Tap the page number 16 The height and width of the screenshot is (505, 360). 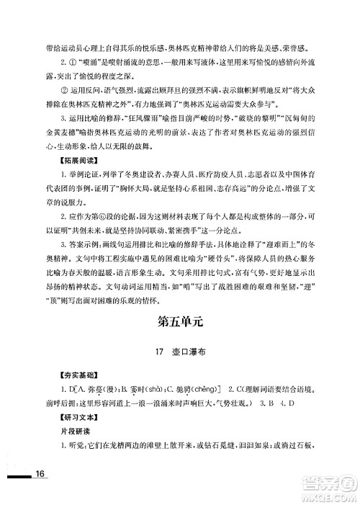tap(40, 492)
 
